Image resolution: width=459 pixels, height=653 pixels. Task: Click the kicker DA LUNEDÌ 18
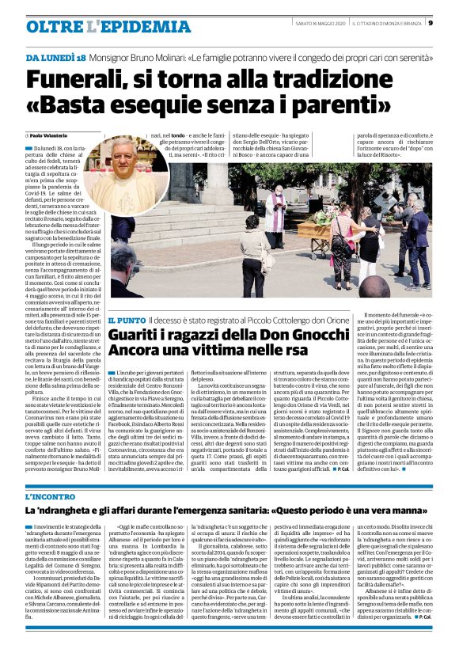pos(55,58)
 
